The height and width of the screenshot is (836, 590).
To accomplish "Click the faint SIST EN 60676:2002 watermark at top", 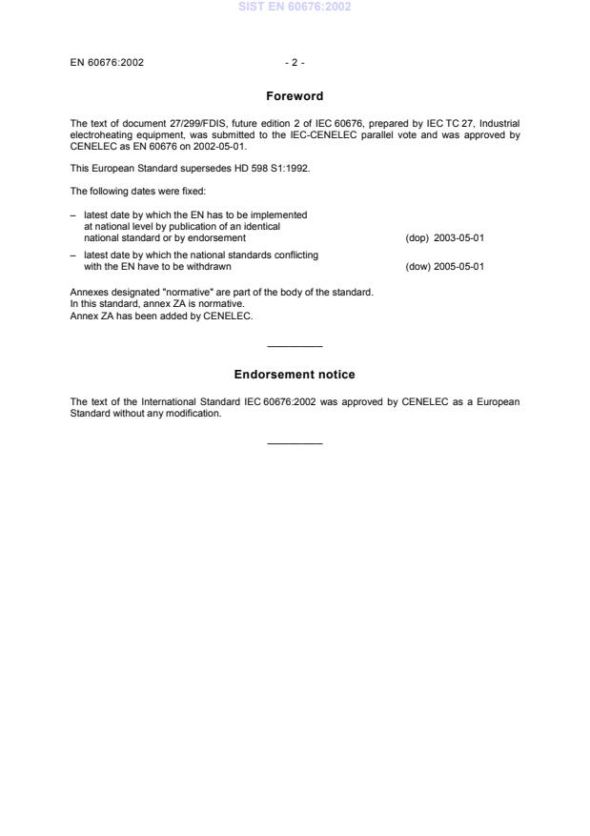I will tap(295, 7).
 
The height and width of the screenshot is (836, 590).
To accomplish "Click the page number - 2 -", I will tap(295, 63).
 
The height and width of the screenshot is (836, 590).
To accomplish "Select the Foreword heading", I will tap(295, 96).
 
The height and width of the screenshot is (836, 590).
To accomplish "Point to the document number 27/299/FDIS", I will tap(174, 123).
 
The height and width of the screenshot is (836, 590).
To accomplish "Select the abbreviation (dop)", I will tap(416, 238).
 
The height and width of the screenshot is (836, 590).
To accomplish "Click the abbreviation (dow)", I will tap(416, 267).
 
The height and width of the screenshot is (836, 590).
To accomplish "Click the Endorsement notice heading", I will tap(295, 375).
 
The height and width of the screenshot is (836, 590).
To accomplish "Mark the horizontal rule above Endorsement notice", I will tap(295, 345).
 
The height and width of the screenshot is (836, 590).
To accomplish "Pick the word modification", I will tap(194, 414).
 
